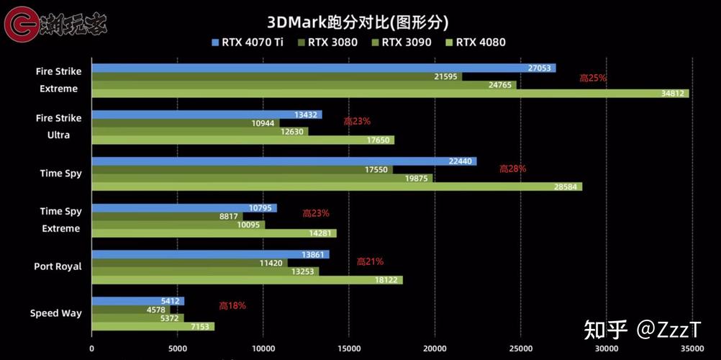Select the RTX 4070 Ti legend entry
pos(248,42)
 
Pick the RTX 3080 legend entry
pos(327,42)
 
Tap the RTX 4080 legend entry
pos(476,42)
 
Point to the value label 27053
pos(540,68)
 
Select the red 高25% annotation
pos(593,78)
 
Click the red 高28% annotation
pos(512,168)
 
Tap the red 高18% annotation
pos(232,305)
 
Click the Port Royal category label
pos(58,266)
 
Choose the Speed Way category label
pos(55,313)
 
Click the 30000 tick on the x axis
pos(607,348)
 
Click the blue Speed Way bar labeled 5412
pos(137,301)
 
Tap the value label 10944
pos(263,123)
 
